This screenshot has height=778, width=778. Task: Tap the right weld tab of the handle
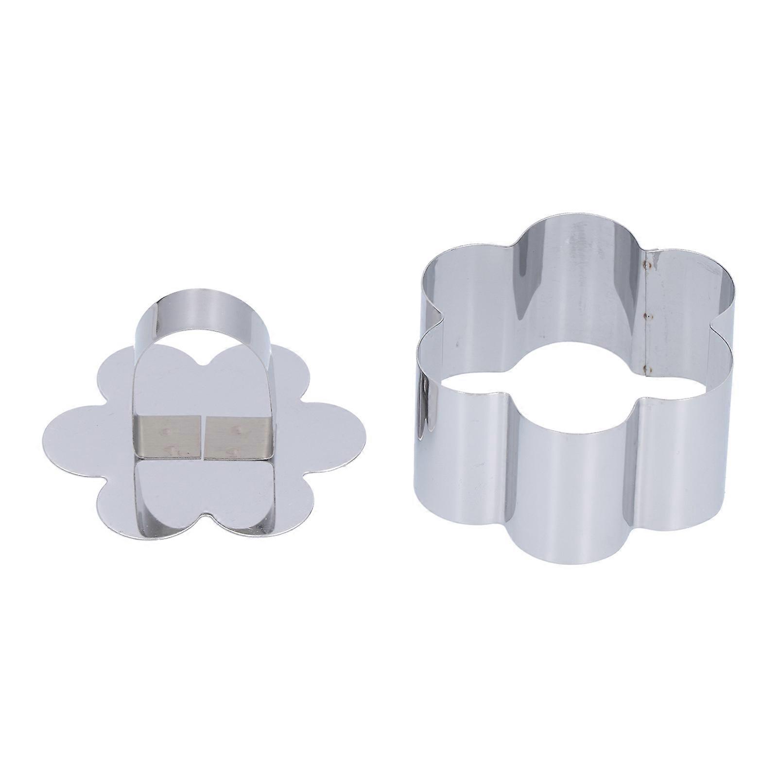point(236,430)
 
